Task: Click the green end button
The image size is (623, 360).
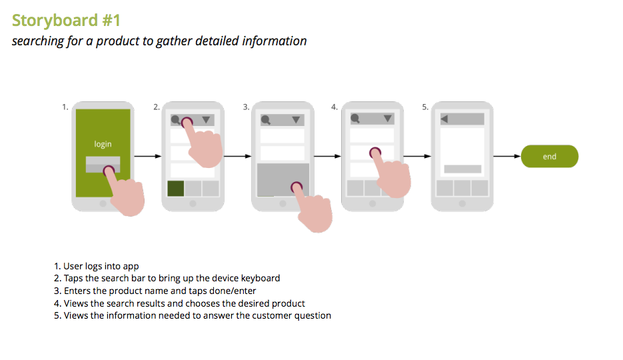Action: point(550,156)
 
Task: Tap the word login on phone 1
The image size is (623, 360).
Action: point(103,144)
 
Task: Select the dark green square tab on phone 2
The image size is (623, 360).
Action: point(176,189)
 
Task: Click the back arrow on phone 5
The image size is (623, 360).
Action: point(444,119)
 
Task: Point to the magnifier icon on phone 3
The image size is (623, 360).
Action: point(266,119)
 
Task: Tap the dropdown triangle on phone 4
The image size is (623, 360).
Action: point(387,119)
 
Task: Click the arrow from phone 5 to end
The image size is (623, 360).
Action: point(507,156)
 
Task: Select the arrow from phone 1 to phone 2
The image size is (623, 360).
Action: point(148,156)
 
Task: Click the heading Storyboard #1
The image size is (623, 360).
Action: point(66,20)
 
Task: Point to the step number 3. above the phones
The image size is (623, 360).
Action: point(247,107)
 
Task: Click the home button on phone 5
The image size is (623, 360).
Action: point(462,203)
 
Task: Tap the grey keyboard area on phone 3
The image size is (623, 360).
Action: point(283,179)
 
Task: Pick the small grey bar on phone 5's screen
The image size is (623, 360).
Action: point(462,169)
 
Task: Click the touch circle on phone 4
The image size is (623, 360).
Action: point(375,153)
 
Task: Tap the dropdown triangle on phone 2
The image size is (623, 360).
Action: point(206,119)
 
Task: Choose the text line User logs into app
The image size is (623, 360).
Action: point(101,266)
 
